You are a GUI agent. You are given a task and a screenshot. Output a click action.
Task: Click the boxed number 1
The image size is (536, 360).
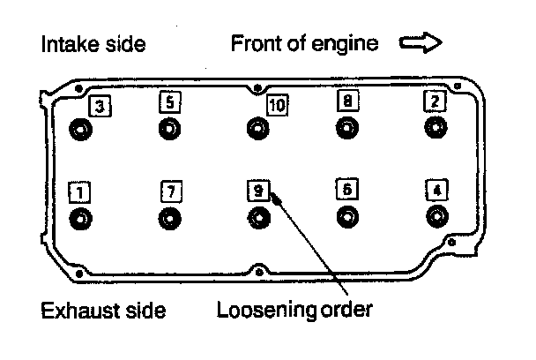click(x=79, y=191)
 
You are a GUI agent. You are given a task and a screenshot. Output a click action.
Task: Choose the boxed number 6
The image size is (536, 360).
click(x=347, y=190)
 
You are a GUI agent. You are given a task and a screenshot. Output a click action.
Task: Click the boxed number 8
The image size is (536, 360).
click(x=347, y=101)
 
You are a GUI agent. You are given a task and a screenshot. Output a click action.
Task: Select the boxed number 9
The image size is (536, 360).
click(x=257, y=191)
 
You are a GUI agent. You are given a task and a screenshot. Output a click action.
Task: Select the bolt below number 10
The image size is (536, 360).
click(x=257, y=130)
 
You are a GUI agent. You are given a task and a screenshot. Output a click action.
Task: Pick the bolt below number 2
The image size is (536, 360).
click(x=435, y=129)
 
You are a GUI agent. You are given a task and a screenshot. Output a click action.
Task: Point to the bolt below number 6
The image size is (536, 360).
click(x=347, y=217)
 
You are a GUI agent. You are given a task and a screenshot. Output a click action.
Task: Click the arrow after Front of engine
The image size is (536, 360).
click(x=420, y=43)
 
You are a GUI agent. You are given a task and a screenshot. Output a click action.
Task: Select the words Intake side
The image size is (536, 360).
click(x=93, y=43)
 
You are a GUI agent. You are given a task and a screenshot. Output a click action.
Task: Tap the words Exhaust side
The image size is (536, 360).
click(x=102, y=311)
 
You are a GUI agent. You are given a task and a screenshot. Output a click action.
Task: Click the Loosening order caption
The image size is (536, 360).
click(x=295, y=311)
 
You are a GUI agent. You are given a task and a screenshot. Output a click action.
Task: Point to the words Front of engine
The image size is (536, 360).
click(x=304, y=43)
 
